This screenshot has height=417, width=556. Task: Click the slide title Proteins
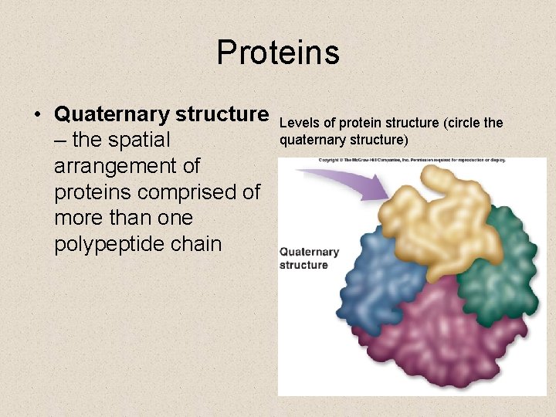click(x=277, y=53)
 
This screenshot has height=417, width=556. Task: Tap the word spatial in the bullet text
click(x=139, y=141)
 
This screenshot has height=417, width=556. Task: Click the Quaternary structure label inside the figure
click(x=309, y=258)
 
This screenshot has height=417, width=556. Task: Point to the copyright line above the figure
click(x=412, y=161)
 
